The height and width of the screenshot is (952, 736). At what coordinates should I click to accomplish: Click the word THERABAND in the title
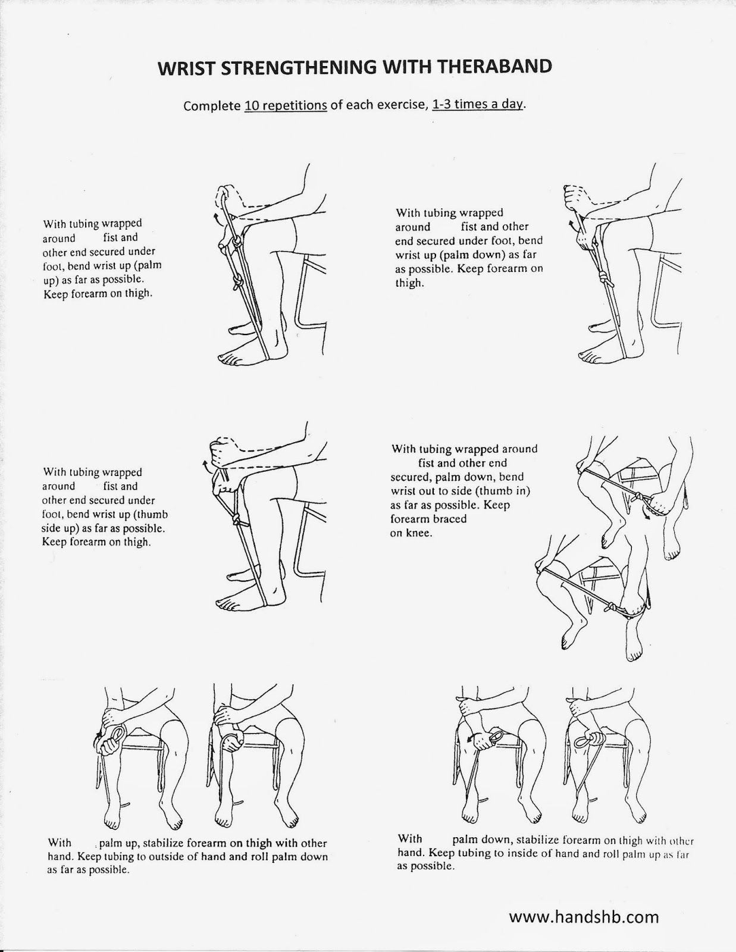[x=495, y=67]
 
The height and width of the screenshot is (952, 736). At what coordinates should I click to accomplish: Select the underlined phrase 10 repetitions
[x=286, y=106]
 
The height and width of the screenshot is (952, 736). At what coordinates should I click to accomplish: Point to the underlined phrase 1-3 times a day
[x=477, y=105]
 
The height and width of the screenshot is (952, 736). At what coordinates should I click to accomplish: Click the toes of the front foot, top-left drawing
[x=228, y=359]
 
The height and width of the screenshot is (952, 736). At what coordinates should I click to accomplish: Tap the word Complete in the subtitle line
[x=212, y=107]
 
